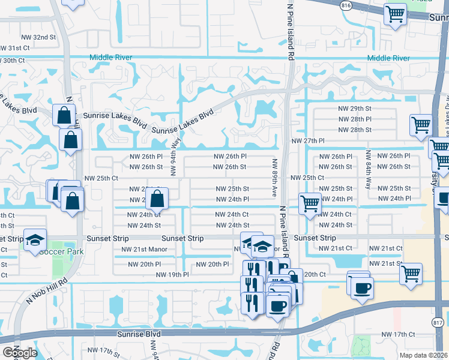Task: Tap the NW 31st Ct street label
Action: pyautogui.click(x=14, y=48)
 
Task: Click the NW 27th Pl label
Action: pyautogui.click(x=307, y=140)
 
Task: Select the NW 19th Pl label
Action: pyautogui.click(x=172, y=275)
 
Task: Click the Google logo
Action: pyautogui.click(x=20, y=353)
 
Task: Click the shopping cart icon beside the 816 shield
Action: pyautogui.click(x=395, y=14)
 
